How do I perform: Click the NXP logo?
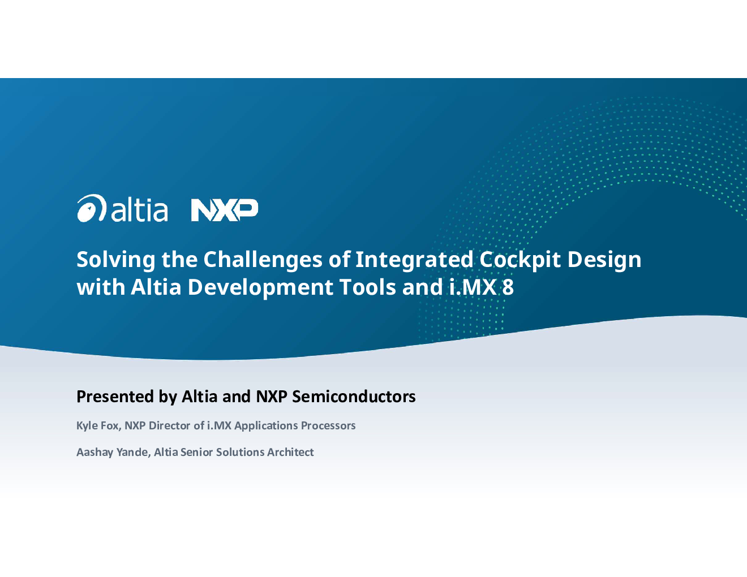tap(225, 210)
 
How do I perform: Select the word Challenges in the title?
tap(263, 260)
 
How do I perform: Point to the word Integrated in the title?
tap(414, 260)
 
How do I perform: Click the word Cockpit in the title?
tap(520, 260)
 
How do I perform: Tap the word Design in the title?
tap(604, 260)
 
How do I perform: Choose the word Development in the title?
tap(260, 287)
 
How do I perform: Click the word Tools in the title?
tap(367, 287)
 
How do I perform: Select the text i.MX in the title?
tap(473, 287)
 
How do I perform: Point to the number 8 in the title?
tap(508, 287)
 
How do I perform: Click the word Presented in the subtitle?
tap(115, 397)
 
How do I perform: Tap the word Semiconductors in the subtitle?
tap(354, 397)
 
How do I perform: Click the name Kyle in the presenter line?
tap(87, 426)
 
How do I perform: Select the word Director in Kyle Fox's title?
tap(169, 425)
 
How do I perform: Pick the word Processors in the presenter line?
tap(328, 426)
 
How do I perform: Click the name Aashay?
tap(95, 453)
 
